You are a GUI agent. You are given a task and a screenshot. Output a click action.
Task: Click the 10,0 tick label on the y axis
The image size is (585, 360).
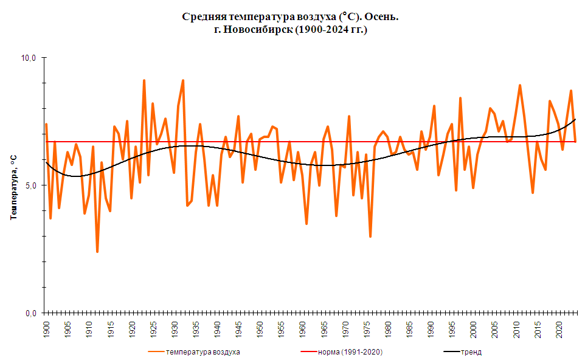[30, 58]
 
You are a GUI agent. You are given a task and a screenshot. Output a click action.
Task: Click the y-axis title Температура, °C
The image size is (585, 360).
[13, 185]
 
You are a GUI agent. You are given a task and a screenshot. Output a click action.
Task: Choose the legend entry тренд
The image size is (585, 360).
[471, 352]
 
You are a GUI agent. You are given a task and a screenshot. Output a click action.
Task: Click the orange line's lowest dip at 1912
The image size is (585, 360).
[97, 251]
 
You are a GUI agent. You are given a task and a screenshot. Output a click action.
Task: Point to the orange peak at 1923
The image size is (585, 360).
[144, 80]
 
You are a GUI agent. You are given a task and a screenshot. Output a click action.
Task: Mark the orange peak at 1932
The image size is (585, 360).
[182, 80]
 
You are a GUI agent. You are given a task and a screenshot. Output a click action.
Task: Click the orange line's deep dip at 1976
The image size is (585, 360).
[370, 236]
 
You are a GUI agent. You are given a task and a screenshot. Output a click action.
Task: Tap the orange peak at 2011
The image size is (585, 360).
[520, 86]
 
